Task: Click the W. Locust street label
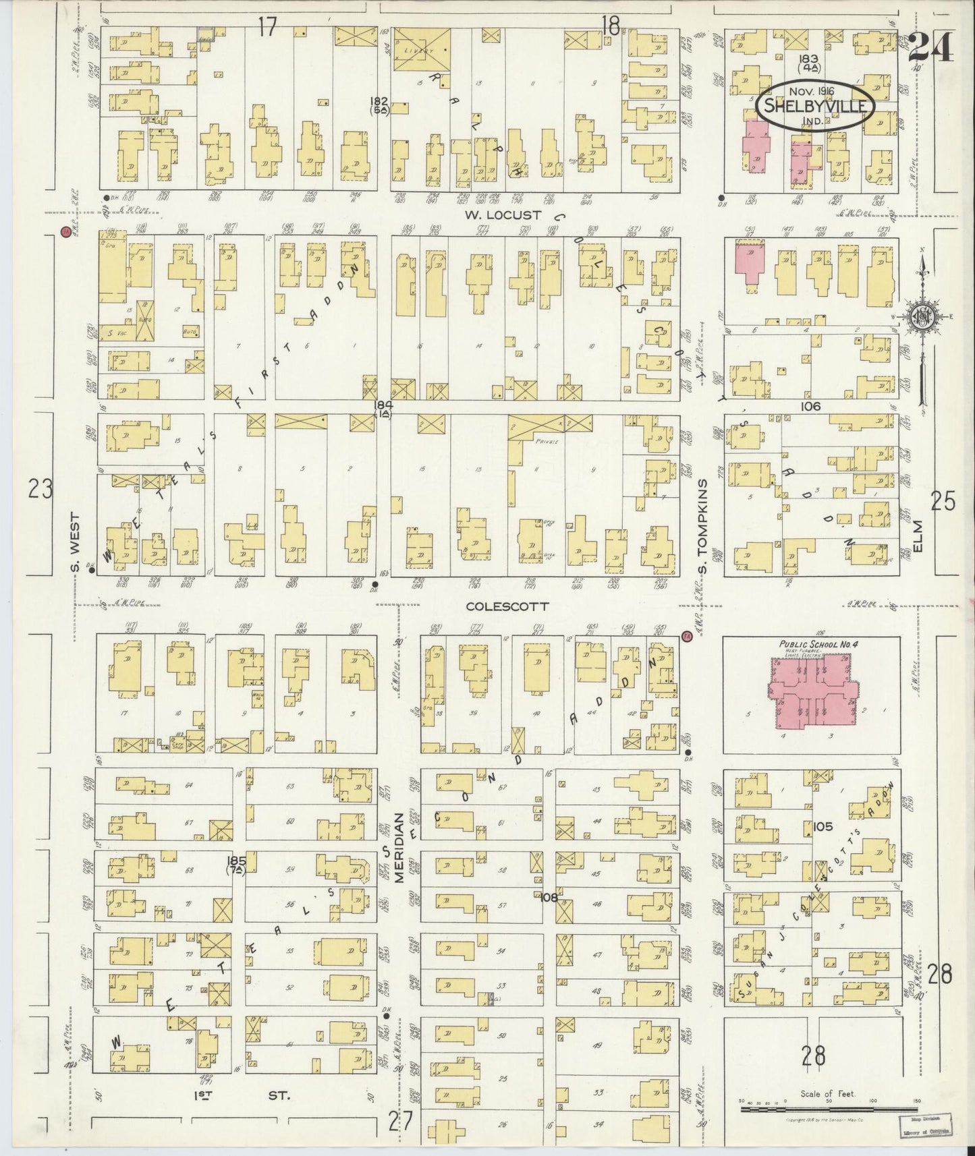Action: [x=505, y=215]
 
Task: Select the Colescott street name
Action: [x=507, y=606]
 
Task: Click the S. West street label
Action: [x=76, y=543]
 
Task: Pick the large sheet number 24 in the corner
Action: [x=930, y=47]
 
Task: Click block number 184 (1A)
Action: [x=383, y=409]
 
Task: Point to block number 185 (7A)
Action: [x=237, y=865]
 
